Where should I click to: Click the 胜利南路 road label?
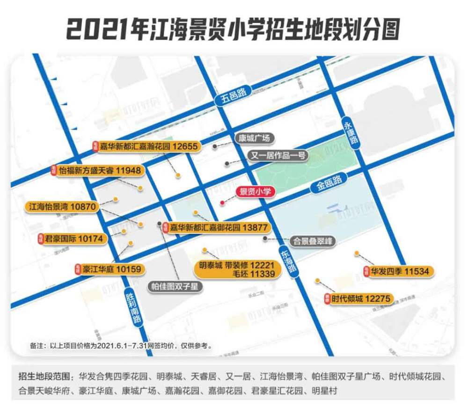tap(133, 308)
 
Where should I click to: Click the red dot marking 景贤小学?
tap(222, 203)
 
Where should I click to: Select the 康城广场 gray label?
tap(253, 138)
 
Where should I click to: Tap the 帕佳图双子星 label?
tap(175, 286)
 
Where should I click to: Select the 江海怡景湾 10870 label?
tap(62, 206)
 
